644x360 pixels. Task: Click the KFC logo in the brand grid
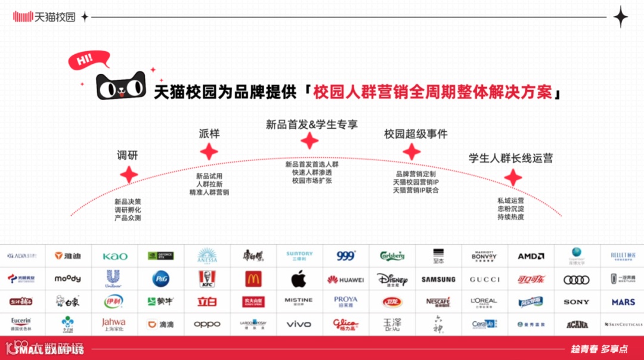[208, 279]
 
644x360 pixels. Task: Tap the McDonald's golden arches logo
[253, 279]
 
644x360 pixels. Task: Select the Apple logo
[299, 279]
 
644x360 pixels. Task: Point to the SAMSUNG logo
[438, 279]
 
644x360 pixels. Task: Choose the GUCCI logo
[484, 279]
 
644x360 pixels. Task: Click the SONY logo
[577, 302]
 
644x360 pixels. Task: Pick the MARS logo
[623, 302]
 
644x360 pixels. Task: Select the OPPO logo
[207, 325]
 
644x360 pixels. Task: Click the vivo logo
[299, 325]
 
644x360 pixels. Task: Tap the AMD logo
[531, 256]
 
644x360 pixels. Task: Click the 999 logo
[345, 256]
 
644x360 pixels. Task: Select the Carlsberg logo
[392, 256]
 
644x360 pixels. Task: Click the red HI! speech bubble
[88, 60]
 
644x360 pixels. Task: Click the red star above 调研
[129, 175]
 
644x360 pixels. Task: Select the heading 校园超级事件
[416, 134]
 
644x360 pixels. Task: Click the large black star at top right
[621, 17]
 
